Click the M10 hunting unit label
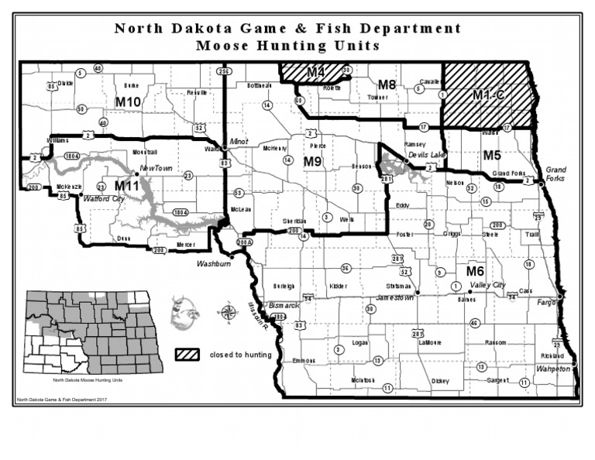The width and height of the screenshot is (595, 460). click(128, 101)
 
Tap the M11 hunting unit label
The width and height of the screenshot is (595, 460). click(127, 186)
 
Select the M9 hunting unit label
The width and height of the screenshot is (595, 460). click(312, 162)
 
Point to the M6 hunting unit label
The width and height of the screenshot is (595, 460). click(475, 271)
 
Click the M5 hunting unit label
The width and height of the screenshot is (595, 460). click(492, 155)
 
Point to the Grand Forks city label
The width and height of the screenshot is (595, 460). click(556, 173)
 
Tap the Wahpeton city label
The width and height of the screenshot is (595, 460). click(552, 369)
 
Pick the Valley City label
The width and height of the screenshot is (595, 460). click(488, 285)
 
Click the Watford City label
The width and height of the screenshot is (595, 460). click(104, 199)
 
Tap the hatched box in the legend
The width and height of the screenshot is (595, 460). click(188, 355)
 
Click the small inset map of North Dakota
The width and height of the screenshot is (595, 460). click(91, 333)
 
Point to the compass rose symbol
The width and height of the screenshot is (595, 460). click(228, 313)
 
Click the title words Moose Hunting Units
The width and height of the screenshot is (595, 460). click(287, 45)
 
